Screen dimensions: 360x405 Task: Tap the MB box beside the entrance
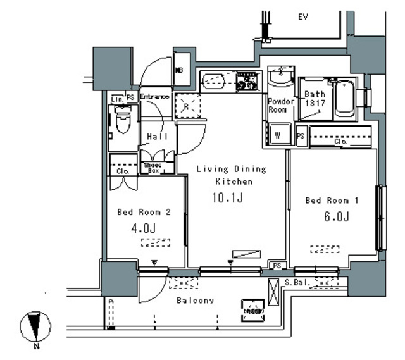point(179,70)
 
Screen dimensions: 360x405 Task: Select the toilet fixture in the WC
point(122,122)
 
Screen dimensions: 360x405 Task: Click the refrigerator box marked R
point(187,106)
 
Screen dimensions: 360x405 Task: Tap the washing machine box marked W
point(277,134)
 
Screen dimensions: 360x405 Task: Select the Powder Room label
point(280,105)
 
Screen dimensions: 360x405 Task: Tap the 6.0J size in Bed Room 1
point(336,217)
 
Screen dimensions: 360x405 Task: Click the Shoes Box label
point(153,168)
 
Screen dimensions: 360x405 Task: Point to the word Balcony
point(195,301)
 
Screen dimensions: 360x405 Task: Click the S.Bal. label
point(296,282)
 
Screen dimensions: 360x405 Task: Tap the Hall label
point(157,137)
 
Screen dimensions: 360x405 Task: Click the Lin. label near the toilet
point(117,98)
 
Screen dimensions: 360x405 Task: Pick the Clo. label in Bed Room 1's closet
point(340,142)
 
